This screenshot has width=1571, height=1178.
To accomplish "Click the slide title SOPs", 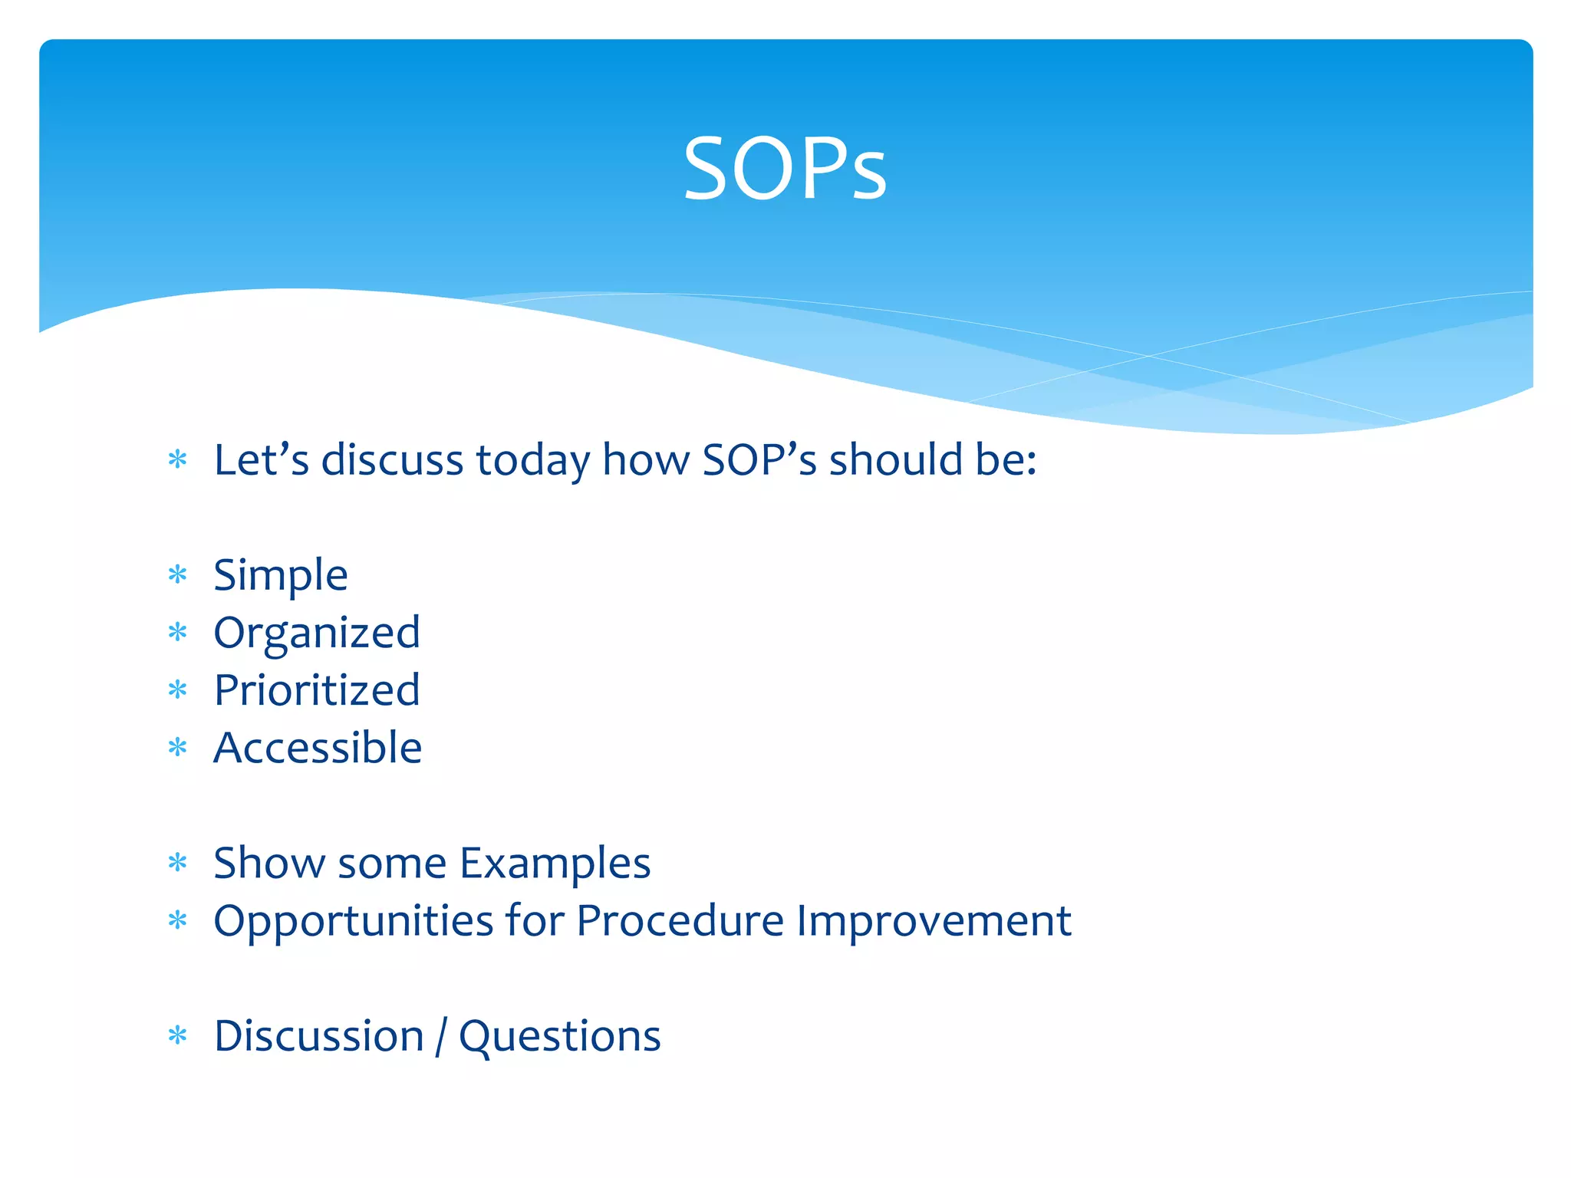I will [785, 169].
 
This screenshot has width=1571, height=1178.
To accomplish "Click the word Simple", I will [281, 575].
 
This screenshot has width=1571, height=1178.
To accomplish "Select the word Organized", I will [317, 633].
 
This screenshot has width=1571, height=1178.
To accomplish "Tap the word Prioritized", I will [317, 690].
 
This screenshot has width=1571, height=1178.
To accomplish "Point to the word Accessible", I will [318, 748].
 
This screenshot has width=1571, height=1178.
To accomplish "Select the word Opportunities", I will [353, 921].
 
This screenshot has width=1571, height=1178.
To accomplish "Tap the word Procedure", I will [680, 920].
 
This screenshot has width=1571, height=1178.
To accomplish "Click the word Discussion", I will [319, 1036].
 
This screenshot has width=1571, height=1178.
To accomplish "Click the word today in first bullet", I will [533, 461].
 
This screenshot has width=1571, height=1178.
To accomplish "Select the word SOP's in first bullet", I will [759, 460].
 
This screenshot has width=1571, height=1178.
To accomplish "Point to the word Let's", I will [262, 460].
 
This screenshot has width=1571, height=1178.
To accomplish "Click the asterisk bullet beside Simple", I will [178, 574].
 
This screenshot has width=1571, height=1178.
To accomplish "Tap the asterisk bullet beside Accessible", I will [178, 747].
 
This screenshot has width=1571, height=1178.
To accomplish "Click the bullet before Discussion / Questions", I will [178, 1036].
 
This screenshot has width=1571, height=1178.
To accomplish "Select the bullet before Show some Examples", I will [178, 863].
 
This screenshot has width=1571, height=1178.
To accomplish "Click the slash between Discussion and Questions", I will [441, 1037].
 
